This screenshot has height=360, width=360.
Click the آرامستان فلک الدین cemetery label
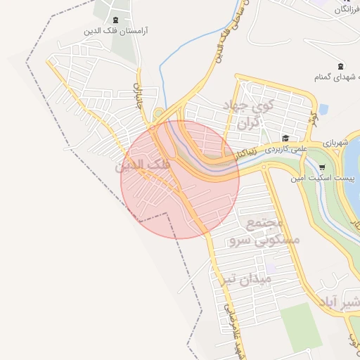(120, 32)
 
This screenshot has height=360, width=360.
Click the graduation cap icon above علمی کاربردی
(285, 138)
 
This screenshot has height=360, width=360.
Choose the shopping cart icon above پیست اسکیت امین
(322, 167)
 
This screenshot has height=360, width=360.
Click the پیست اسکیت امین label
(316, 179)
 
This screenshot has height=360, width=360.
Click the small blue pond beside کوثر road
(323, 110)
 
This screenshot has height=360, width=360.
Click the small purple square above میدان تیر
(271, 268)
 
